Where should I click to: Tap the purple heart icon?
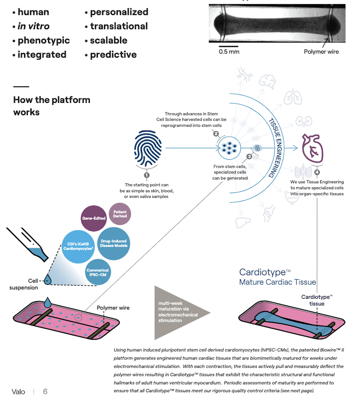312,148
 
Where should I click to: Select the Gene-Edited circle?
94,218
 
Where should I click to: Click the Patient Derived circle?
120,214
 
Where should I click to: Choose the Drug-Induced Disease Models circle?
114,243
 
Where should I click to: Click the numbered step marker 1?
147,175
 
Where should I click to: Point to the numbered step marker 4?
317,172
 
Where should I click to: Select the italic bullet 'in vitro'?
33,26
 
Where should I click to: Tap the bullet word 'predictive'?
113,55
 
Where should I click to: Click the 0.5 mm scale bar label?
229,52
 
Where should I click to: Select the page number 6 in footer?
45,391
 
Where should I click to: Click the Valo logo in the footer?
19,391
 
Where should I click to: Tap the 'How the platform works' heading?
52,106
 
